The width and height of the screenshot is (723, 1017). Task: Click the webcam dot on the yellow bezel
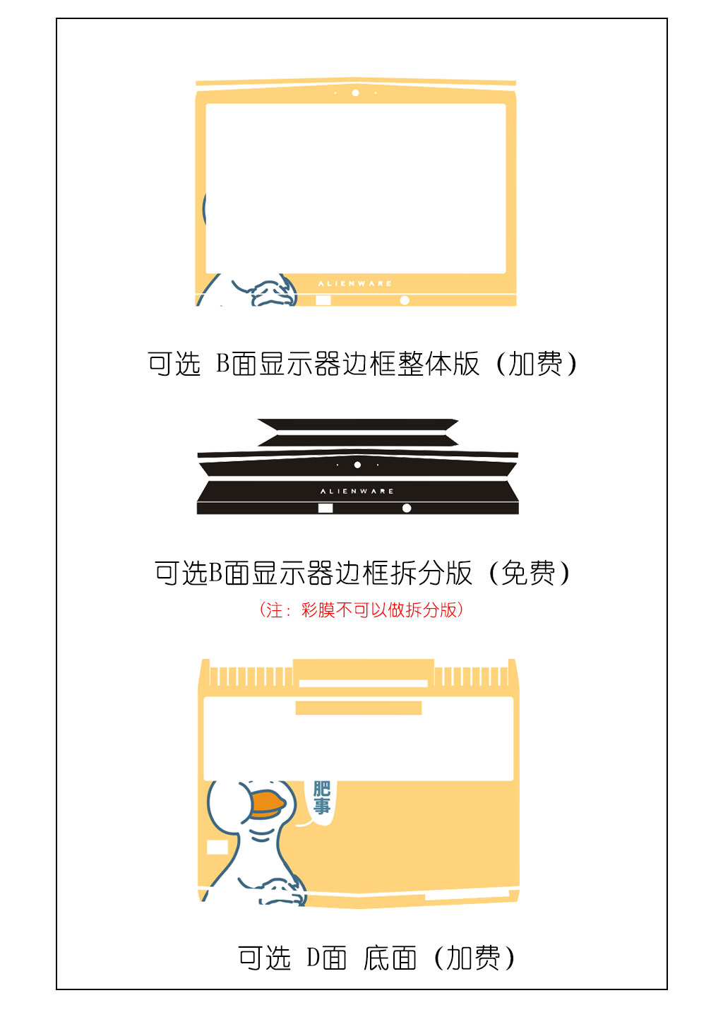[x=355, y=93]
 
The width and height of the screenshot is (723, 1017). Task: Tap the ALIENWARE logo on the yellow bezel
[x=355, y=284]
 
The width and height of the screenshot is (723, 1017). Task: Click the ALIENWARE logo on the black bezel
[x=357, y=492]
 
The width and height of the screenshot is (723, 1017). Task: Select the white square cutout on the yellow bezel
[x=323, y=300]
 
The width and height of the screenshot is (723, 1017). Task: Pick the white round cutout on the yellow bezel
[x=405, y=300]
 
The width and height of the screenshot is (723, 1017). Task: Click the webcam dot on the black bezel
[x=358, y=465]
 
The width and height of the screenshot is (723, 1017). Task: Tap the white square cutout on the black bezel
[x=325, y=508]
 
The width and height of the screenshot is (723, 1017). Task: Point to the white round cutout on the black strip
[x=407, y=508]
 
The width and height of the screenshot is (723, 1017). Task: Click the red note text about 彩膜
[x=361, y=609]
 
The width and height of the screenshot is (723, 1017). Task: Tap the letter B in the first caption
[x=222, y=363]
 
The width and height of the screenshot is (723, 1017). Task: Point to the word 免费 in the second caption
[x=528, y=573]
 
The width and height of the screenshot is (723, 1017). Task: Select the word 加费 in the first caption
[x=536, y=364]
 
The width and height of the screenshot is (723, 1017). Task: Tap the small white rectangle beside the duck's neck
[x=217, y=847]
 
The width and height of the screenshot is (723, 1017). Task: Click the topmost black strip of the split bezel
[x=358, y=424]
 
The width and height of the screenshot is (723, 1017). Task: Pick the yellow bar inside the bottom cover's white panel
[x=359, y=708]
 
